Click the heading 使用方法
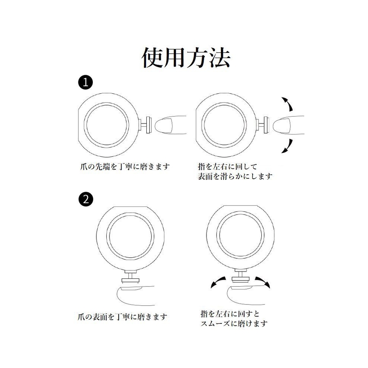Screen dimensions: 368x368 pyautogui.click(x=186, y=58)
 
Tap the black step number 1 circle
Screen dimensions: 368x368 pyautogui.click(x=85, y=82)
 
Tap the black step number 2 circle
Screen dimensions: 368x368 pyautogui.click(x=85, y=199)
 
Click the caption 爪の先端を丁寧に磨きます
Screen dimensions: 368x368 pyautogui.click(x=125, y=167)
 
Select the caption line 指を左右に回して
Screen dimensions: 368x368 pyautogui.click(x=228, y=167)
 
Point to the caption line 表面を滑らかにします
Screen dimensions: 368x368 pyautogui.click(x=235, y=176)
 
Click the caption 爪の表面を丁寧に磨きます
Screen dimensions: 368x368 pyautogui.click(x=122, y=317)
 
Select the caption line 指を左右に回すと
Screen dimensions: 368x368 pyautogui.click(x=230, y=314)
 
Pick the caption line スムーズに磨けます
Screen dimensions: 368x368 pyautogui.click(x=234, y=323)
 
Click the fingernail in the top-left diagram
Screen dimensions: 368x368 pyautogui.click(x=164, y=125)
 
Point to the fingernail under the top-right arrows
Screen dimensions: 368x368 pyautogui.click(x=282, y=125)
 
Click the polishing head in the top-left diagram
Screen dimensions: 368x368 pyautogui.click(x=149, y=125)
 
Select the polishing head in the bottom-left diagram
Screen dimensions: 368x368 pyautogui.click(x=130, y=280)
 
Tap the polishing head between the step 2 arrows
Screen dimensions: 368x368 pyautogui.click(x=240, y=279)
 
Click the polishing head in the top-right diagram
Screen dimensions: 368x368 pyautogui.click(x=267, y=125)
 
